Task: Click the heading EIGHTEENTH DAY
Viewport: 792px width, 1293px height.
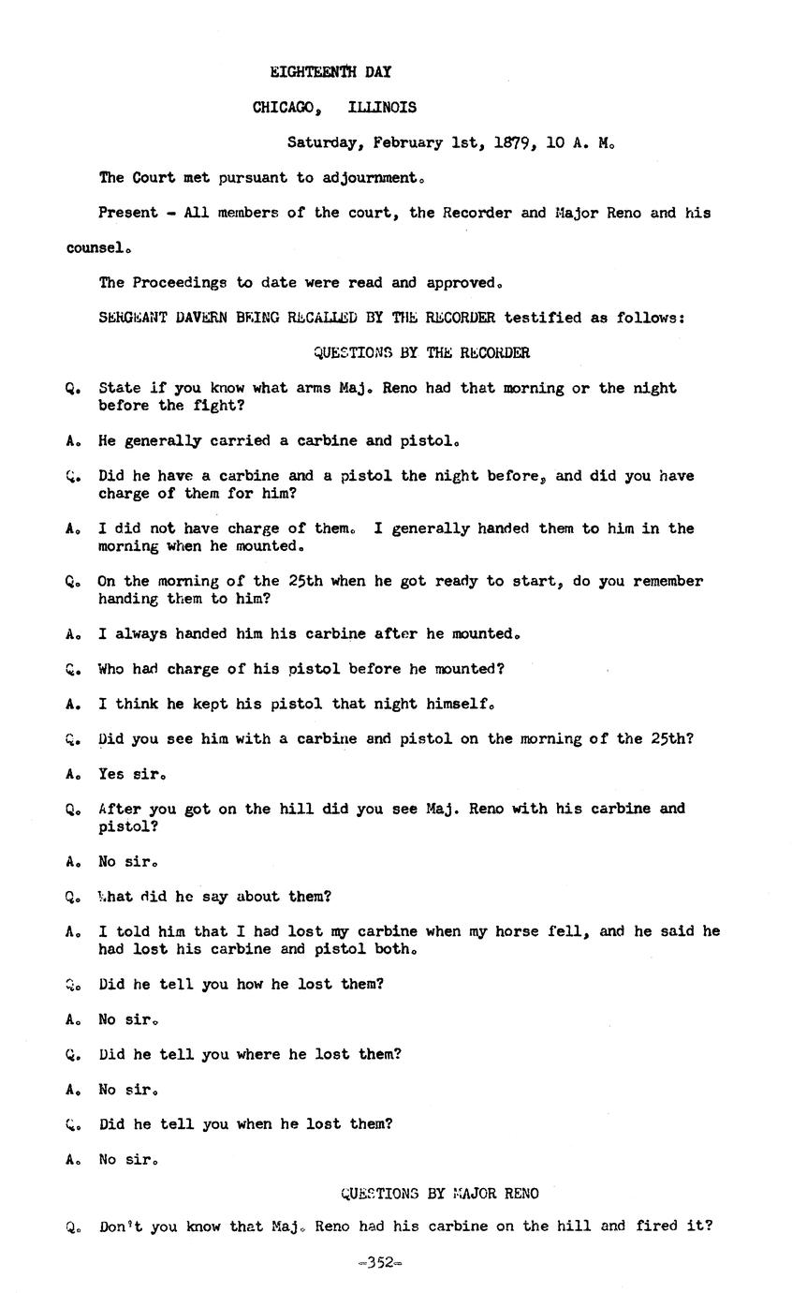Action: (330, 72)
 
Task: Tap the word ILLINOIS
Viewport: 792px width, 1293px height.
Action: (382, 108)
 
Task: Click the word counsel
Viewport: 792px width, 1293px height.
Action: (96, 248)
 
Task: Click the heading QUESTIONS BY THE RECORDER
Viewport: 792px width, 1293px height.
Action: (421, 353)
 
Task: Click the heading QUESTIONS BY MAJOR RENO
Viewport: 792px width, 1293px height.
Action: (439, 1194)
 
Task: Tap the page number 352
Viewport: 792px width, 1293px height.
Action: (379, 1262)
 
